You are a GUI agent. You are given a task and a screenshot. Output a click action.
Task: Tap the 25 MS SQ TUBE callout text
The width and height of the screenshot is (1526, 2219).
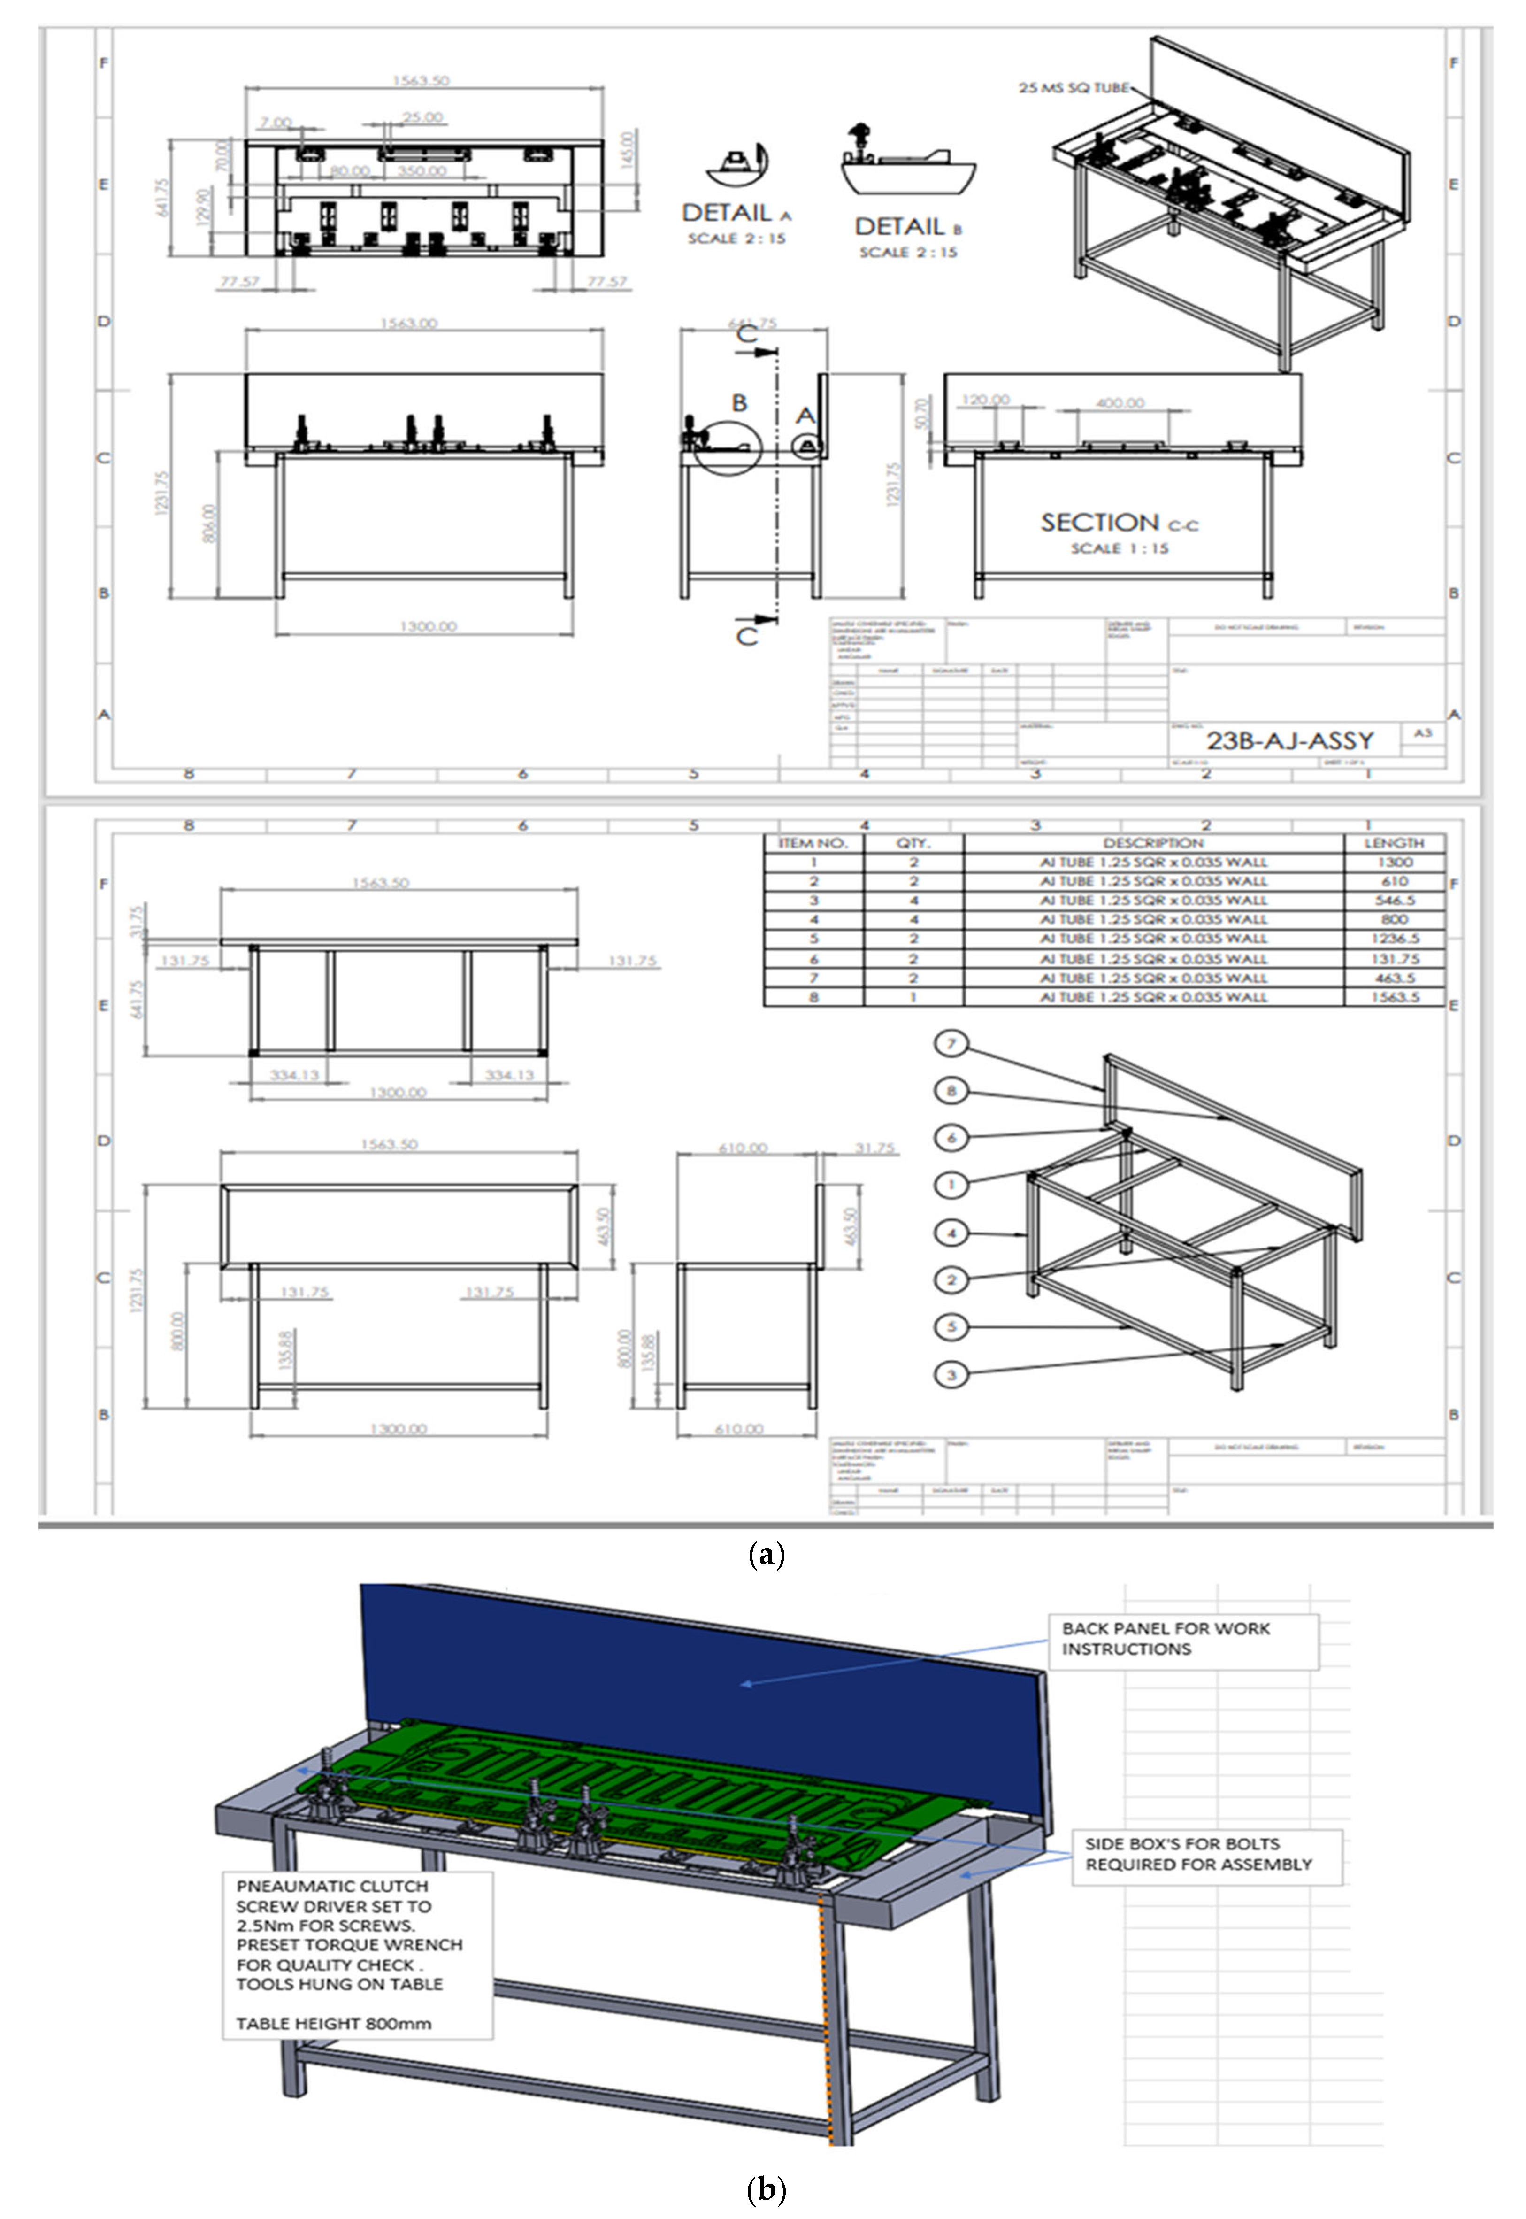tap(1073, 88)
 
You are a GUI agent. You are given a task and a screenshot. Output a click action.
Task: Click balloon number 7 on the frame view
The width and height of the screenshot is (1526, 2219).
tap(951, 1043)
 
